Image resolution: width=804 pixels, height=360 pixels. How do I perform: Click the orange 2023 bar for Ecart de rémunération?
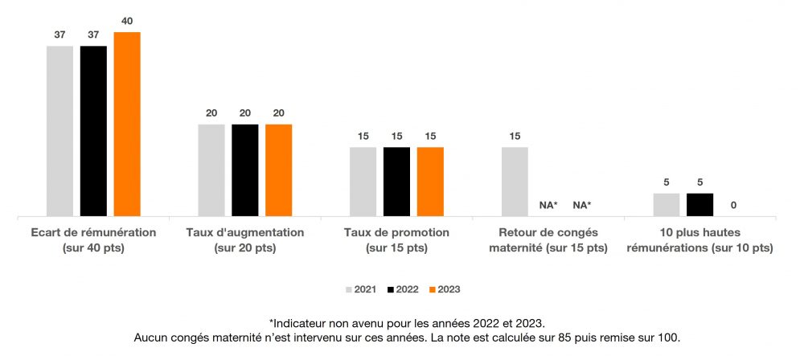tap(127, 125)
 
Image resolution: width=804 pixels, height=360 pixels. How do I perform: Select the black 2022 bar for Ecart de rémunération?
tap(93, 131)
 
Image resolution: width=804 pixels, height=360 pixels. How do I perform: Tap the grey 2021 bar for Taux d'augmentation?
tap(211, 170)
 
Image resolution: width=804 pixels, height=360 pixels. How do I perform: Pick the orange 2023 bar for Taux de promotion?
tap(430, 182)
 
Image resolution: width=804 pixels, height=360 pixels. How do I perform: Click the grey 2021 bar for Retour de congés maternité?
tap(515, 182)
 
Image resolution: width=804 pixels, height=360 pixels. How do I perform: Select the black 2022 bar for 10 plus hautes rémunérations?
tap(699, 205)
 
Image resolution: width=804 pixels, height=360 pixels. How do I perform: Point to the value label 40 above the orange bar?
tap(127, 21)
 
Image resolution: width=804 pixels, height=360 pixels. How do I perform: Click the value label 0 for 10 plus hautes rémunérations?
tap(733, 206)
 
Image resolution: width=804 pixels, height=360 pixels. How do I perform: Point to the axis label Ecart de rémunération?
tap(93, 239)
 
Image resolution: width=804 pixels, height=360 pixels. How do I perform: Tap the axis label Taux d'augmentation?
tap(245, 239)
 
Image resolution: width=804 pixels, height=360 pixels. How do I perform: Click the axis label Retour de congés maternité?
tap(548, 239)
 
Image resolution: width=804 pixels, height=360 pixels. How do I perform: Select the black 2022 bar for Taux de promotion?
tap(396, 182)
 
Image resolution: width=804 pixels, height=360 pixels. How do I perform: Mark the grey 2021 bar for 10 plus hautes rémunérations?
tap(667, 205)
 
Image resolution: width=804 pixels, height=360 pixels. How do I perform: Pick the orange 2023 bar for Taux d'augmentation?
tap(278, 170)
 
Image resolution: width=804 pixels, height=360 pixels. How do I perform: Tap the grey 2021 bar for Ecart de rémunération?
tap(59, 131)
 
